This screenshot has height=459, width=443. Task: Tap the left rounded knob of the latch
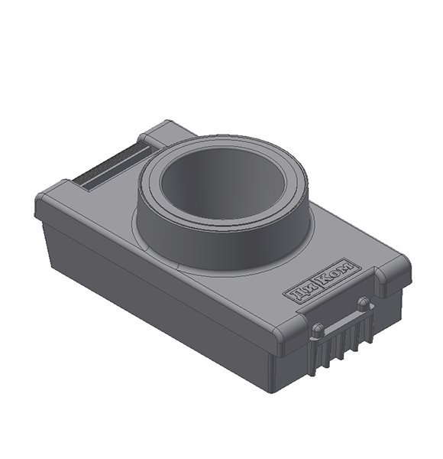pyautogui.click(x=316, y=330)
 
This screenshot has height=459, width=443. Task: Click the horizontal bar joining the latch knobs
pyautogui.click(x=341, y=317)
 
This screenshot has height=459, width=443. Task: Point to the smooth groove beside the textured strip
pyautogui.click(x=122, y=173)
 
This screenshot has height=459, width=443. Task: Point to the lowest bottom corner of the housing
pyautogui.click(x=275, y=390)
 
